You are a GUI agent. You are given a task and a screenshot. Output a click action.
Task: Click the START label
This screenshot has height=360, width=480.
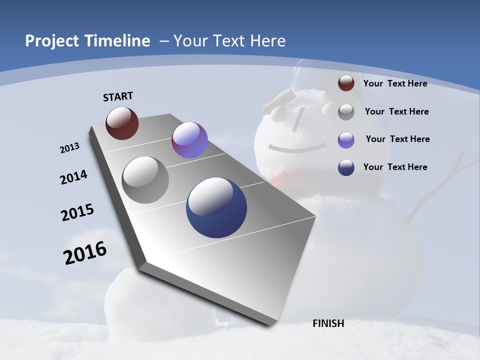[x=118, y=96]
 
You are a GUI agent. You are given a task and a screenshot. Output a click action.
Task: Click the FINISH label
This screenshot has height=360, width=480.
[x=328, y=323]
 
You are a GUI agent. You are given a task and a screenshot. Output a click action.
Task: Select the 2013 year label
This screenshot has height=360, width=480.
[x=69, y=148]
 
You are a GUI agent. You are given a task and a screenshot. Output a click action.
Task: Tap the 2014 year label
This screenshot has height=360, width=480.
[x=73, y=177]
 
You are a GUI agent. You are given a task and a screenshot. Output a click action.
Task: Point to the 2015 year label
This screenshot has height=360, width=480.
[x=77, y=212]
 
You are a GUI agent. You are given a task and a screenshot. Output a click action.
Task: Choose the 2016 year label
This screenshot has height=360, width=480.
[x=85, y=253]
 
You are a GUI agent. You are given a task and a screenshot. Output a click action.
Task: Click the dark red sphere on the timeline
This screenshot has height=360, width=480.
[x=122, y=123]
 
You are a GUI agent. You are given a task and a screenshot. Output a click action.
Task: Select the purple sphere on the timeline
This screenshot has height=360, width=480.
[x=189, y=140]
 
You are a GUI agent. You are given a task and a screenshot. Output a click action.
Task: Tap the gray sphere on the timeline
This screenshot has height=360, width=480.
[x=145, y=180]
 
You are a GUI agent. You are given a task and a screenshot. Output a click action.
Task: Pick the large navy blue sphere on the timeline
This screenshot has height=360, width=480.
[x=216, y=207]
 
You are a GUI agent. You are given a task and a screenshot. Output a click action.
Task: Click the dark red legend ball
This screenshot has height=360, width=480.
[x=346, y=83]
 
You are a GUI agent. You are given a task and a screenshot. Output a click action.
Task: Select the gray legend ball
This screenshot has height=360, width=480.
[x=346, y=112]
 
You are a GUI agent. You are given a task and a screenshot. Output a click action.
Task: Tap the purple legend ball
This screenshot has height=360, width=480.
[x=346, y=140]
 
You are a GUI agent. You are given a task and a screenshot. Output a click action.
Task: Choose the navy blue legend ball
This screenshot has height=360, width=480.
[x=346, y=167]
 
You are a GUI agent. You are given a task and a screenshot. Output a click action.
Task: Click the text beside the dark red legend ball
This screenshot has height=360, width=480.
[x=395, y=83]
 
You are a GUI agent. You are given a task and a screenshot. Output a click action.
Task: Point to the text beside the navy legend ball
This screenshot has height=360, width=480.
[x=395, y=167]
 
